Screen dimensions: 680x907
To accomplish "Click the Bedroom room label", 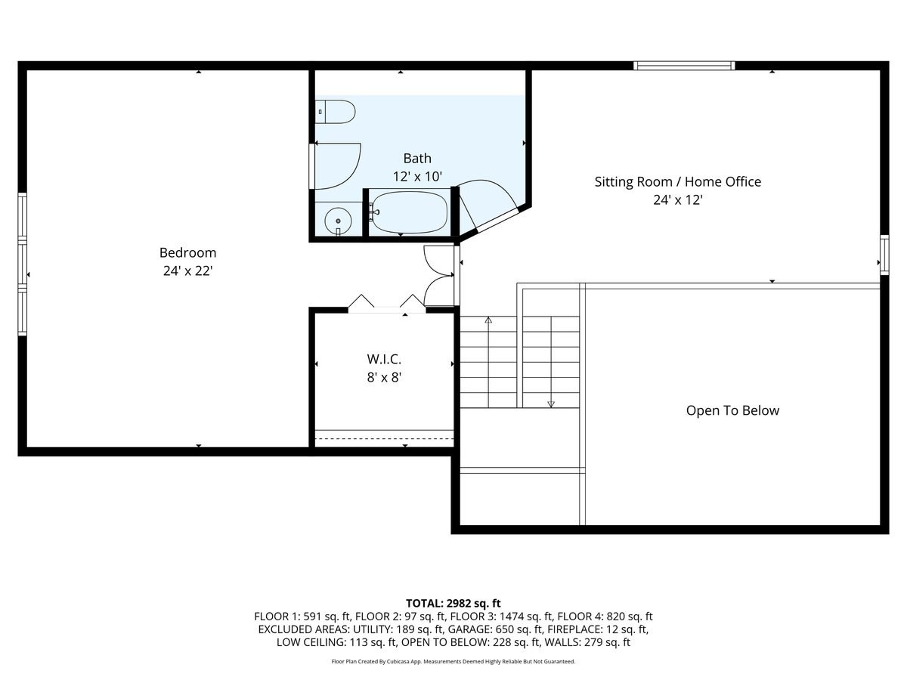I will (x=187, y=252).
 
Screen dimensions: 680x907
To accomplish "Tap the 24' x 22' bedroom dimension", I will (x=187, y=270).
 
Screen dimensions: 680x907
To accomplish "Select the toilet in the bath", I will (x=335, y=112).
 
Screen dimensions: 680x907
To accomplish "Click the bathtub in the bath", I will (x=409, y=212).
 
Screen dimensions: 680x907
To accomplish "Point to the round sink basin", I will (x=338, y=221).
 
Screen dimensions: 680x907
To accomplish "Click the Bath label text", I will (x=417, y=158).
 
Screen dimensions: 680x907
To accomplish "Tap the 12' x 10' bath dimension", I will (x=417, y=176).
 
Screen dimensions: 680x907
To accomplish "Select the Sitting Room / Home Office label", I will (x=677, y=181).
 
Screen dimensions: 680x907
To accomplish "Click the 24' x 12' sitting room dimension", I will (x=677, y=200).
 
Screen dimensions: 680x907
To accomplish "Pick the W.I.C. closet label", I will (x=383, y=359).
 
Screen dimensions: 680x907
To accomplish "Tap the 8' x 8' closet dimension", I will (x=383, y=377).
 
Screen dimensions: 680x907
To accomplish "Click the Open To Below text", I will (x=732, y=410).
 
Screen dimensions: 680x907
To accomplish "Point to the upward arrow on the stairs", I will (x=488, y=320).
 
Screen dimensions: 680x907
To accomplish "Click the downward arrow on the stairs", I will (x=551, y=403).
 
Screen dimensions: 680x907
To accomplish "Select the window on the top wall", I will (x=684, y=66).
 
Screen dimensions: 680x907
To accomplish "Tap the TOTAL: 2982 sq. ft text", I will (x=453, y=603).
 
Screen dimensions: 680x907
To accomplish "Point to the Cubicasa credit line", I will (x=453, y=661).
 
